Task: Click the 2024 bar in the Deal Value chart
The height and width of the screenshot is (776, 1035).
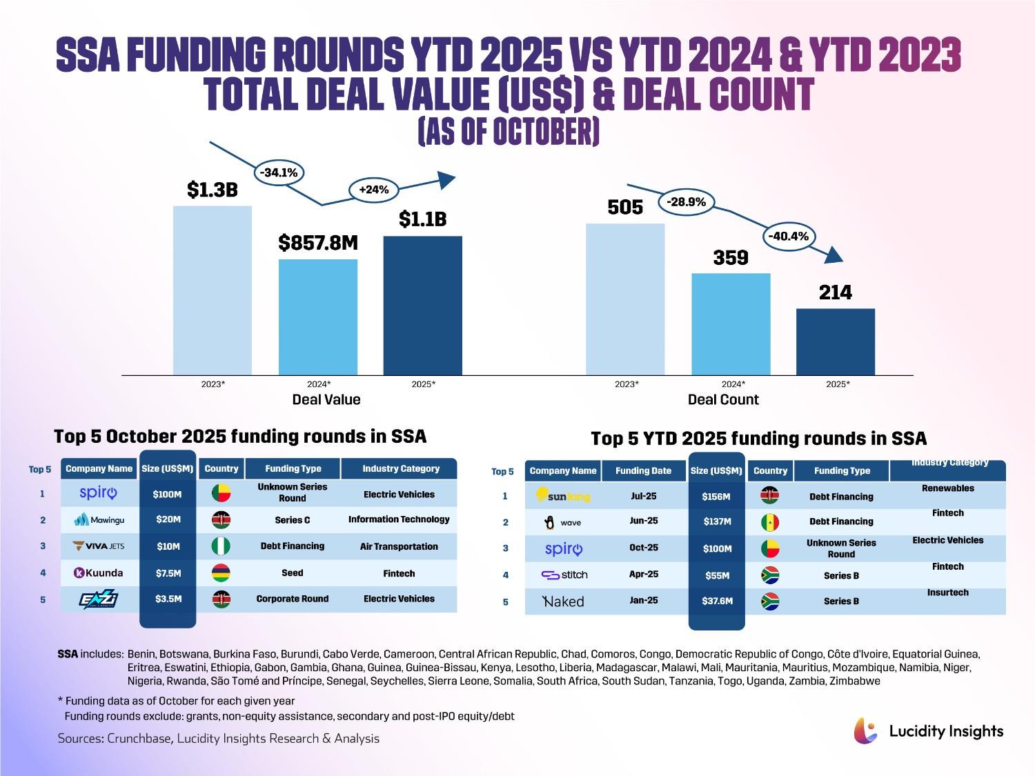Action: [x=318, y=317]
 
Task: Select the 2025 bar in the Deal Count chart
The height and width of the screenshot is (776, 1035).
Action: [x=835, y=342]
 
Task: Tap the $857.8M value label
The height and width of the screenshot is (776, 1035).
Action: [x=318, y=243]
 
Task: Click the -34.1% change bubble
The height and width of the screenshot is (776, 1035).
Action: [x=279, y=172]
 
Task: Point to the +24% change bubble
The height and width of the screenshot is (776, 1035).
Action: [x=373, y=189]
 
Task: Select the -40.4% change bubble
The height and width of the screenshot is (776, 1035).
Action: [x=788, y=236]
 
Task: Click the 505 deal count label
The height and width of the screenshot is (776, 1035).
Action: [x=625, y=208]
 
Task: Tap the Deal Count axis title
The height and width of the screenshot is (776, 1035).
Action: [x=723, y=399]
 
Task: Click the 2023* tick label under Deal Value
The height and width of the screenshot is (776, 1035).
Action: [x=213, y=384]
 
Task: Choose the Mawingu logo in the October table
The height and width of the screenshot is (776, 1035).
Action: [x=99, y=519]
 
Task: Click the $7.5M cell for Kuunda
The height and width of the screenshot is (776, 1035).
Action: [x=168, y=573]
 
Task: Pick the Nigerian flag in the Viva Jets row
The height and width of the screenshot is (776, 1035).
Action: [x=221, y=546]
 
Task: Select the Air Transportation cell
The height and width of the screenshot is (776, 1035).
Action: [x=399, y=546]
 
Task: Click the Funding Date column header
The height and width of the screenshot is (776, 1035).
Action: [x=643, y=470]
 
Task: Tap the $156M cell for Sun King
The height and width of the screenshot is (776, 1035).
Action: [x=717, y=497]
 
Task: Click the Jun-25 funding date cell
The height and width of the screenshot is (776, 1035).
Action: [x=644, y=521]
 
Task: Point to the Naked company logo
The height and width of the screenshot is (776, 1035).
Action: [x=563, y=601]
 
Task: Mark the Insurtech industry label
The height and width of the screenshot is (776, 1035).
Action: [x=947, y=593]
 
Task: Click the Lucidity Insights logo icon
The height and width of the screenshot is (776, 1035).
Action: [x=866, y=730]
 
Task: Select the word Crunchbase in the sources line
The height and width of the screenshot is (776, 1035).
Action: [x=139, y=739]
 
